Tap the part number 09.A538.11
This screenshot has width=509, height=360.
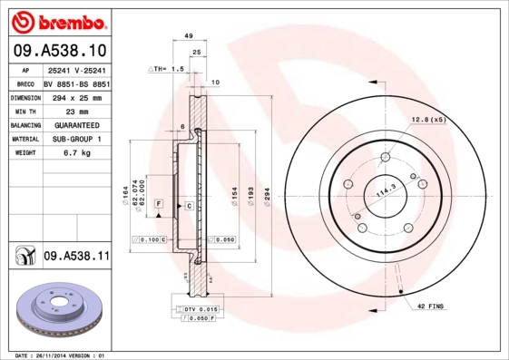pyautogui.click(x=76, y=257)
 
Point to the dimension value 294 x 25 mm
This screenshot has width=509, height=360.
pyautogui.click(x=76, y=96)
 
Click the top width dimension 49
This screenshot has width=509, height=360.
pyautogui.click(x=189, y=35)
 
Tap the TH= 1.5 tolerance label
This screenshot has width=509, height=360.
pyautogui.click(x=167, y=69)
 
